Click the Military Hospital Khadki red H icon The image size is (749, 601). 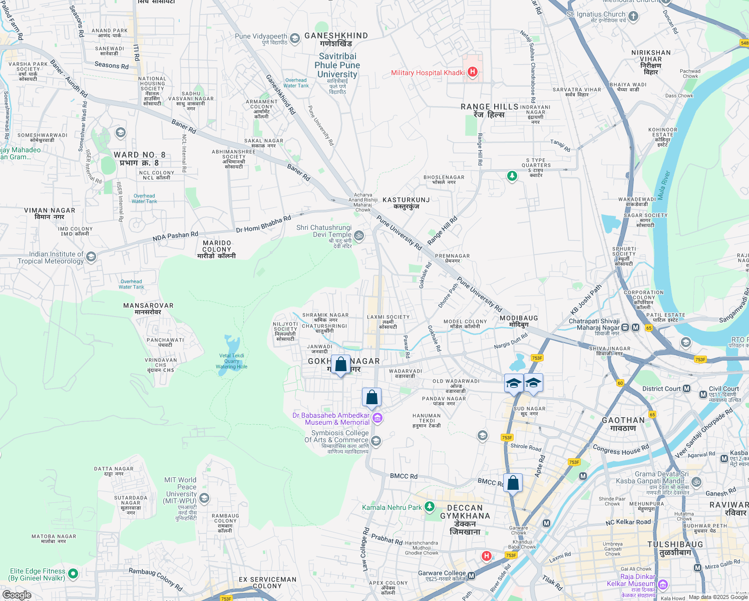click(472, 72)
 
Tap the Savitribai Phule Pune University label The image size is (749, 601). click(337, 65)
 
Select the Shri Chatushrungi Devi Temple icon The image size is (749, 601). click(359, 235)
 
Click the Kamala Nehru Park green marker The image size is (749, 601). click(430, 507)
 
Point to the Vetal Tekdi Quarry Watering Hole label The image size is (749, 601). click(232, 361)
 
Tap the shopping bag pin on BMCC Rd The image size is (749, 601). click(513, 483)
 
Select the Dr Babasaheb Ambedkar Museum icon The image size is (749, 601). click(378, 418)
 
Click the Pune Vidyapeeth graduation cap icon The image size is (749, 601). click(295, 38)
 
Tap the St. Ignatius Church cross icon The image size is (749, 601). click(633, 17)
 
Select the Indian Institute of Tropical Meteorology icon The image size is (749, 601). click(91, 257)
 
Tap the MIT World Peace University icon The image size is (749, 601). click(204, 498)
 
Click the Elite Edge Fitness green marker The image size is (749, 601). click(73, 573)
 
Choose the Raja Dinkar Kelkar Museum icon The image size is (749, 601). click(663, 584)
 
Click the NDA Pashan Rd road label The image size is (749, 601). click(175, 236)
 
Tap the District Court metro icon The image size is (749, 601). click(686, 389)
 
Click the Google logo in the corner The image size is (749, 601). click(17, 595)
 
